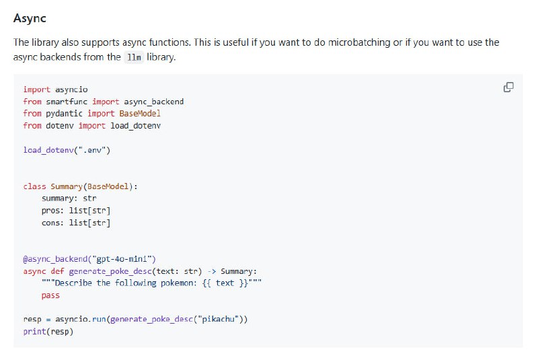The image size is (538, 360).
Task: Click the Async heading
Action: (30, 18)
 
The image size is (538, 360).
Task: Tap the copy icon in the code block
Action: (508, 87)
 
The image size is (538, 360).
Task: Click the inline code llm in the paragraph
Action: (134, 57)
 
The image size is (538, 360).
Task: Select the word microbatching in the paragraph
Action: (359, 42)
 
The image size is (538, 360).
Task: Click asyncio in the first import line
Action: (71, 89)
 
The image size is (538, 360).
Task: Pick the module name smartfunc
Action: (67, 102)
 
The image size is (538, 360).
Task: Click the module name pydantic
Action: (64, 114)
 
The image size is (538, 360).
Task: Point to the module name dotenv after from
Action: (60, 126)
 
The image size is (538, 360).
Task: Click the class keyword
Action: (34, 186)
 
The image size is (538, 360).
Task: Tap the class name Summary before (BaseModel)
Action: (67, 186)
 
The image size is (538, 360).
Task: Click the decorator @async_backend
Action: (55, 259)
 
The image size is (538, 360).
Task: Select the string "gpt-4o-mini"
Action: (122, 259)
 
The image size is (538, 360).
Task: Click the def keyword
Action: (57, 271)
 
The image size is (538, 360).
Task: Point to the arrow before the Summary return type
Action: (212, 271)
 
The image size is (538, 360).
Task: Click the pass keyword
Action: (50, 295)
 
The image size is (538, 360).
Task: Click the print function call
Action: (34, 332)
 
